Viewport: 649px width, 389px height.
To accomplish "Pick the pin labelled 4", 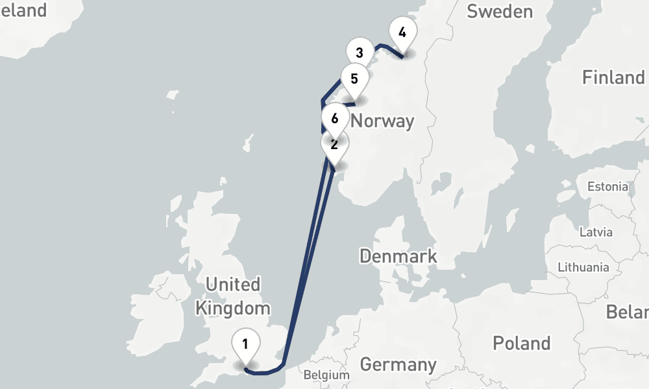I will [402, 32].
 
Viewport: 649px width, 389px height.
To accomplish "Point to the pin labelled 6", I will [334, 119].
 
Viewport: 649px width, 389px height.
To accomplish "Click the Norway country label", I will [382, 121].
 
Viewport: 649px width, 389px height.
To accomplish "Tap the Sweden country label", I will [500, 11].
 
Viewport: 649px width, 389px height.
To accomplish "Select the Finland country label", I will [613, 78].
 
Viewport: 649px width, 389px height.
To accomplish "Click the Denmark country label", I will [398, 256].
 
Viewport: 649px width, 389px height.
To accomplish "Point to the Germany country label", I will [398, 364].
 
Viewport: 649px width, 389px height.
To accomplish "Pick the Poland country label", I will [522, 343].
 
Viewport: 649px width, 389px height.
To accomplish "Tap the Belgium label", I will [326, 375].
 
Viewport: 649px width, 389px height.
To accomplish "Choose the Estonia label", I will [607, 187].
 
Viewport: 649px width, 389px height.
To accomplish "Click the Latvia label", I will [594, 232].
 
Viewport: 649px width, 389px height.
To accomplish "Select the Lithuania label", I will [583, 267].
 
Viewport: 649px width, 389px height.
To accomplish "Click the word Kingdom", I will [232, 308].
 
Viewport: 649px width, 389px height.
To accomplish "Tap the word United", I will [232, 285].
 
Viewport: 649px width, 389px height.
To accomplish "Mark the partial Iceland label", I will [23, 10].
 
